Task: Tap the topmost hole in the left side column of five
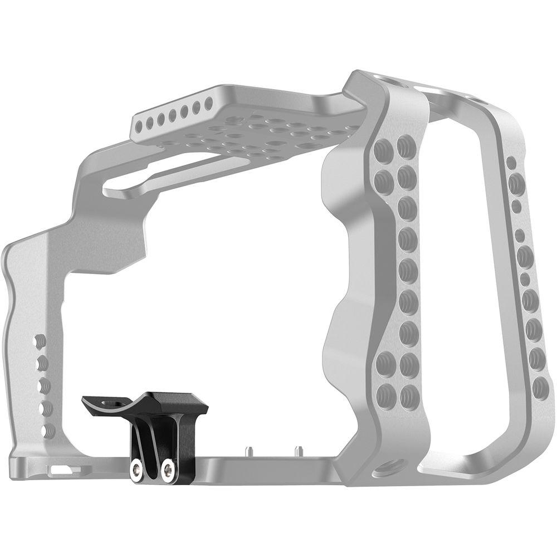[x=40, y=341]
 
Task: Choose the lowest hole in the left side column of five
[x=48, y=431]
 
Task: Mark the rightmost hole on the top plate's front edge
[x=209, y=103]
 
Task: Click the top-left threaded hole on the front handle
[x=384, y=149]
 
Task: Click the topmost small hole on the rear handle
[x=511, y=163]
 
